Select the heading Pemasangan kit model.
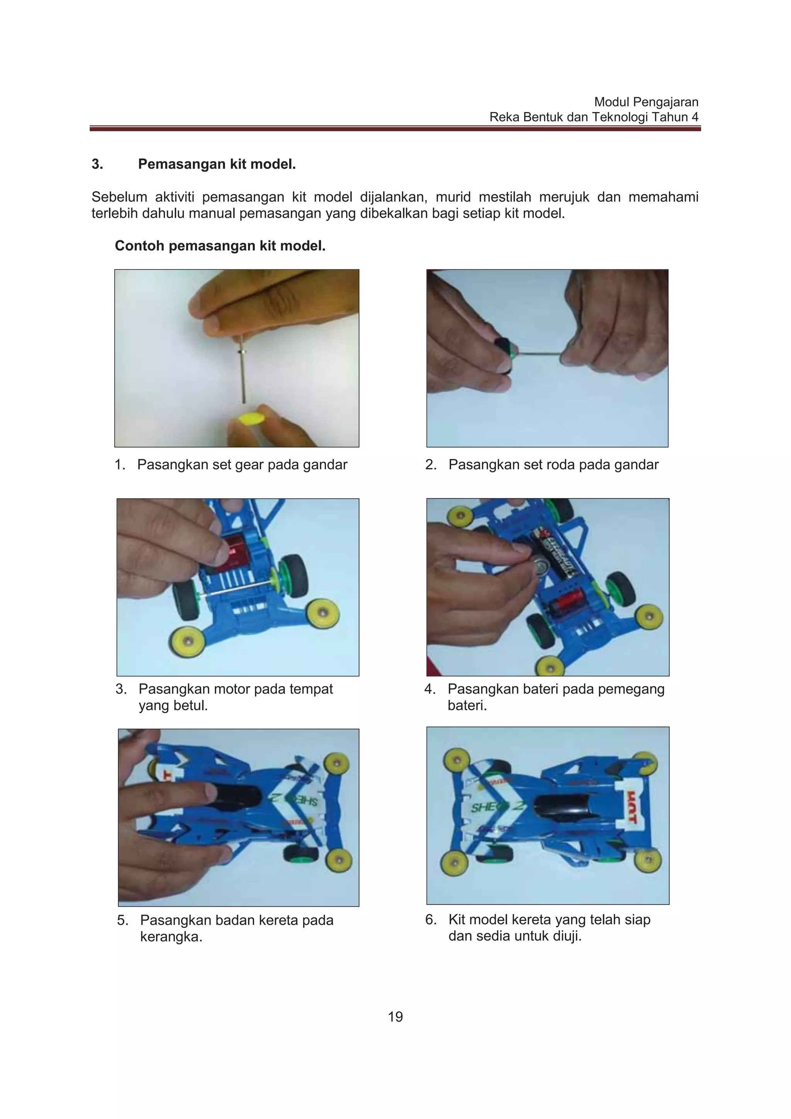(x=217, y=164)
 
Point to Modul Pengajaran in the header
(x=646, y=102)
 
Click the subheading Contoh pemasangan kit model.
(x=220, y=246)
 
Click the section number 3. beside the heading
(x=97, y=164)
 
